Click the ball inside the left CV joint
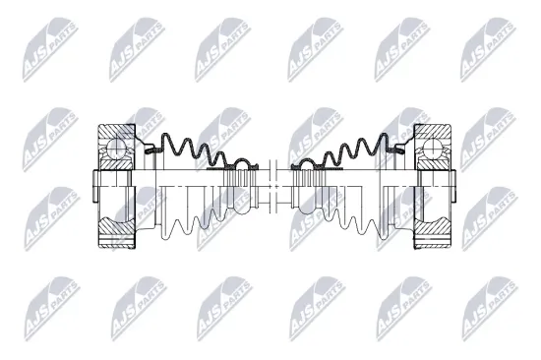[117, 148]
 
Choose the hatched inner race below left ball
[120, 169]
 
